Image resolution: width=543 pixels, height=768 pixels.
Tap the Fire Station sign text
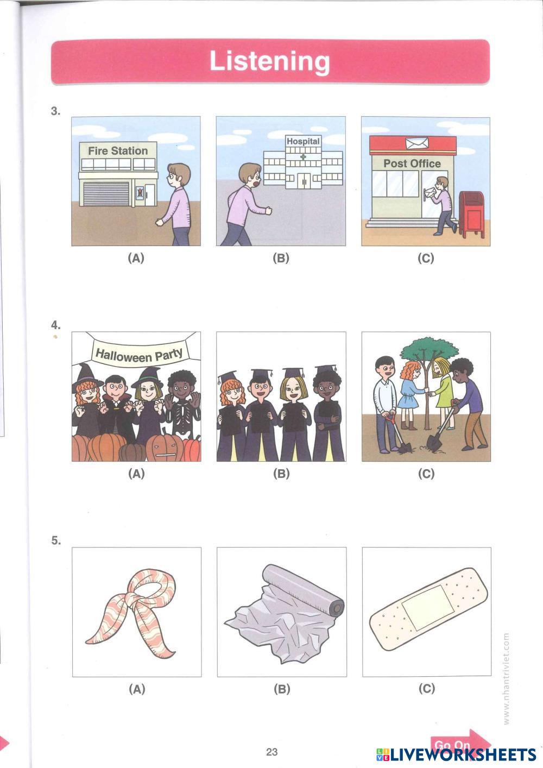pyautogui.click(x=118, y=150)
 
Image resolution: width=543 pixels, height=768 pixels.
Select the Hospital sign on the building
pyautogui.click(x=303, y=141)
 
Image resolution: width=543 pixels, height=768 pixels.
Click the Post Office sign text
pyautogui.click(x=412, y=163)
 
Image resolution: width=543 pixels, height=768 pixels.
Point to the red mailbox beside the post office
pyautogui.click(x=472, y=215)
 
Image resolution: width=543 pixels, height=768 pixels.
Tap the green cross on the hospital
pyautogui.click(x=303, y=156)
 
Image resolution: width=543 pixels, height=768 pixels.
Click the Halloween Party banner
pyautogui.click(x=139, y=354)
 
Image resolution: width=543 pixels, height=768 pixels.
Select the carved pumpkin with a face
pyautogui.click(x=165, y=448)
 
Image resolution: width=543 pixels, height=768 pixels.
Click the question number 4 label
pyautogui.click(x=55, y=325)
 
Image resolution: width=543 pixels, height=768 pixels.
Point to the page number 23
pyautogui.click(x=272, y=752)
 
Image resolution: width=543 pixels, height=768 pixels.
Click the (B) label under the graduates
pyautogui.click(x=281, y=474)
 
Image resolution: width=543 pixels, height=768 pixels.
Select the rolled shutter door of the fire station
pyautogui.click(x=106, y=194)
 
